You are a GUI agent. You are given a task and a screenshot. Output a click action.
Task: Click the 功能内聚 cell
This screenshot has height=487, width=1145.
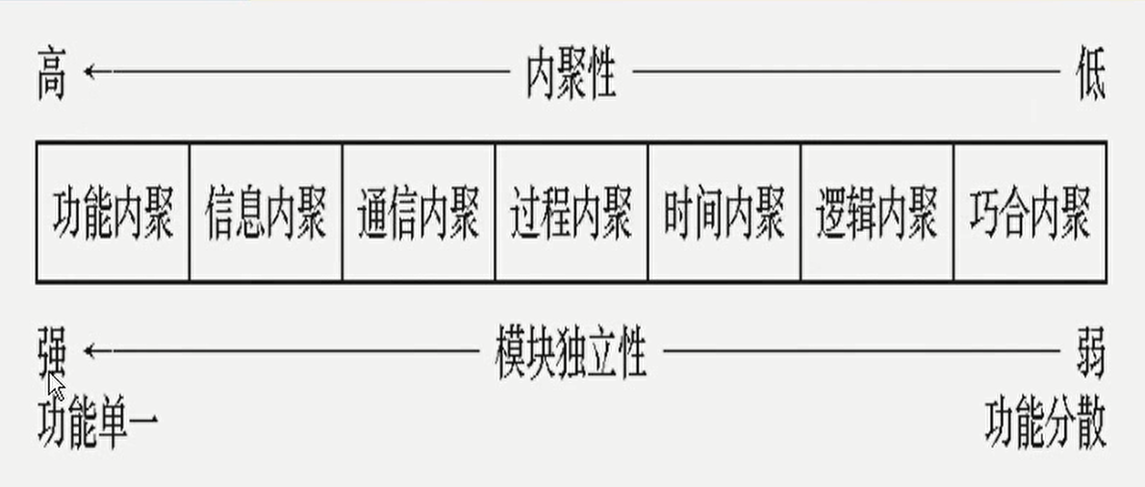click(113, 213)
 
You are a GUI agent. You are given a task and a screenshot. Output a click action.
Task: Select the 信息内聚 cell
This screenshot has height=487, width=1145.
click(266, 213)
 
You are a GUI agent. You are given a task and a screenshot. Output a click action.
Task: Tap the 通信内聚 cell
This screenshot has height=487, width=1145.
click(419, 213)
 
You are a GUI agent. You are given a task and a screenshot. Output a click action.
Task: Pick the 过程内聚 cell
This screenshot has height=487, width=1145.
click(572, 213)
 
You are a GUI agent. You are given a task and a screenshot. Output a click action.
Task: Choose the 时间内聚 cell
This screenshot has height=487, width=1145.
click(724, 213)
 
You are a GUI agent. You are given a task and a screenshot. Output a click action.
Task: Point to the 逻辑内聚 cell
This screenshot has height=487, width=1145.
click(877, 213)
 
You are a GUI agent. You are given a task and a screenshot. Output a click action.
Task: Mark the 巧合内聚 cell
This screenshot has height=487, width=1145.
click(1030, 213)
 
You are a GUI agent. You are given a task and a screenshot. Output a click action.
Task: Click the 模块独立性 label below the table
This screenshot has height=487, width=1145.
click(571, 353)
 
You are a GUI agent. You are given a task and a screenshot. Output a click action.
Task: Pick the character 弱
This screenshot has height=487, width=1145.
click(1090, 353)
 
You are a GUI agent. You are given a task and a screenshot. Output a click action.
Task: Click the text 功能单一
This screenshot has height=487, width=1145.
click(97, 424)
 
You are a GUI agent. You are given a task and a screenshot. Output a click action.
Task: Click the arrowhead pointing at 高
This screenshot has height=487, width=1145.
click(89, 71)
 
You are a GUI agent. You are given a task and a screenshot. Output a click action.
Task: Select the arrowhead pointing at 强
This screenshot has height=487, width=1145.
click(89, 351)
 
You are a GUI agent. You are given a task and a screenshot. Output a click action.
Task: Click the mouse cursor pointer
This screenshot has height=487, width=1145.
click(56, 388)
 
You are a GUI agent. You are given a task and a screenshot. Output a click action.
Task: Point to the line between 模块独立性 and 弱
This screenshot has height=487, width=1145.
click(861, 351)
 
